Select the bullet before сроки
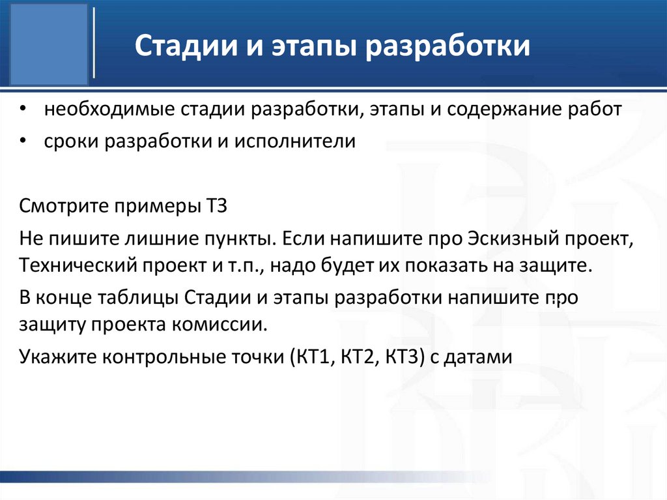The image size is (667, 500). (23, 141)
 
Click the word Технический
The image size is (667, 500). (69, 267)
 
